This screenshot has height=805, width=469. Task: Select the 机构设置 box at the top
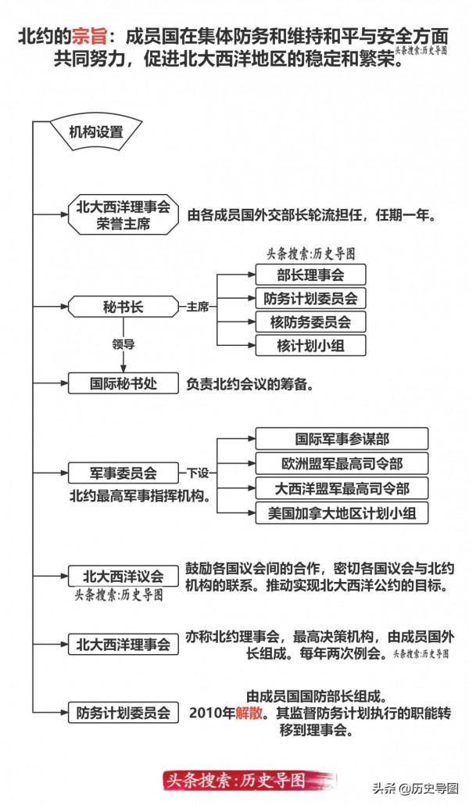point(96,131)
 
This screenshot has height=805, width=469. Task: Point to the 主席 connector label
point(197,307)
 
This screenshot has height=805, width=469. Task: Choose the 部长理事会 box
point(310,274)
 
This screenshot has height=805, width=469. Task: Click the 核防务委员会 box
point(310,321)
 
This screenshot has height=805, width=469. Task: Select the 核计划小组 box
point(310,344)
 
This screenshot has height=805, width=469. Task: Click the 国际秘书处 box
point(123,384)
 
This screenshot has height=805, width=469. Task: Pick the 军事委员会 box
point(123,473)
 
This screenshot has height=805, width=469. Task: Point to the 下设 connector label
point(197,473)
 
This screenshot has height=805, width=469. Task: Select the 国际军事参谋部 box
point(342,438)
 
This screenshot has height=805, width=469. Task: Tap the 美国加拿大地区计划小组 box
point(342,512)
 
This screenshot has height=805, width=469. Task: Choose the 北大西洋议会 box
point(123,576)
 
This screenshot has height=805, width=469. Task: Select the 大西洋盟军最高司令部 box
point(342,488)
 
